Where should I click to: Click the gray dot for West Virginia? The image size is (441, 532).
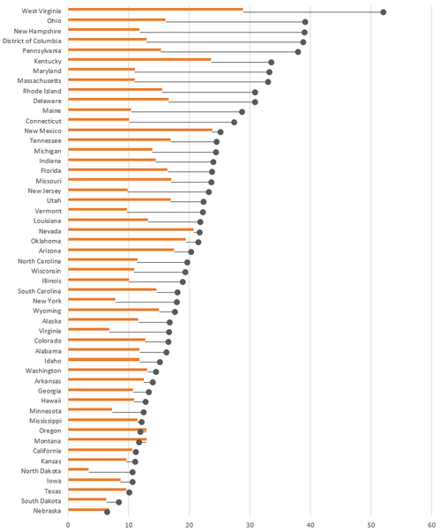(384, 11)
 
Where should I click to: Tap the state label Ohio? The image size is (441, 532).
(54, 20)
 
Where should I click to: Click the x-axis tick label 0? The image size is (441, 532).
(68, 522)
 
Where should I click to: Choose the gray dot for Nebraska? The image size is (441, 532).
(107, 511)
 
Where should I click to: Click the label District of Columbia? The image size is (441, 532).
(32, 41)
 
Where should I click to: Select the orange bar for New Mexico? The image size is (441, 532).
(140, 131)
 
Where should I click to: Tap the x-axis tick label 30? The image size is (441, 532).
(250, 522)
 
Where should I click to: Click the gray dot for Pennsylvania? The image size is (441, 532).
(298, 51)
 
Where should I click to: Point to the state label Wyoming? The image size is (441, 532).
(47, 311)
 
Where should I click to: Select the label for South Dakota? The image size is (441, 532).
(40, 500)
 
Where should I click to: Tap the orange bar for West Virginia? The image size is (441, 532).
(155, 11)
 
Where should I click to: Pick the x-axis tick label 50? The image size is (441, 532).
(371, 522)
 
